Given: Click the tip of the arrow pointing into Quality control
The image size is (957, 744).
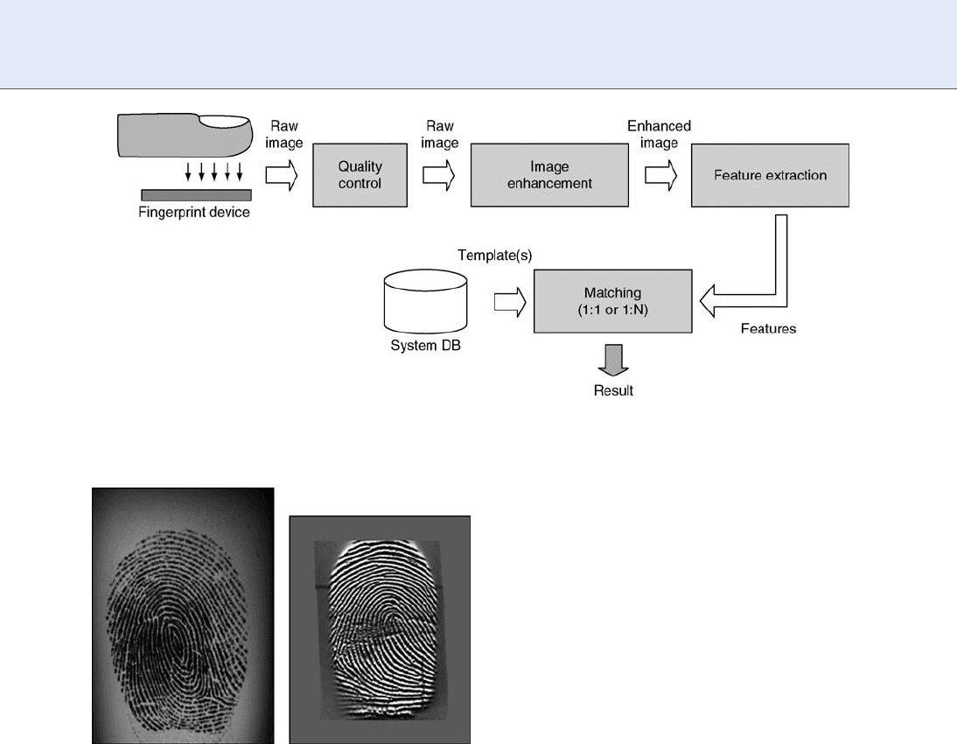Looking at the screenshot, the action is point(297,175).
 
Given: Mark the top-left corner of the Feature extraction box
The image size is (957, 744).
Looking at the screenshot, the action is point(691,144).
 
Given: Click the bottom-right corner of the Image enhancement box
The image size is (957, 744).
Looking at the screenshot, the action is point(628,207).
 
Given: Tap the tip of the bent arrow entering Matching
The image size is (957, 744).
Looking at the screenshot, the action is point(700,300).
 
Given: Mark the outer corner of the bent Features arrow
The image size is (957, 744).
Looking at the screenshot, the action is point(787,306).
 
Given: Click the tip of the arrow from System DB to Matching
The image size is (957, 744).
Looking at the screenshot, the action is point(526,302).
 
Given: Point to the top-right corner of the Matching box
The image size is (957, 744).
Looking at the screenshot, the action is point(692,270).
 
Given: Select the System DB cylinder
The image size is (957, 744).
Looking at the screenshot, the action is point(425,301).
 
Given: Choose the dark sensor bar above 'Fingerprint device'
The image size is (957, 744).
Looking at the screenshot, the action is point(197,195).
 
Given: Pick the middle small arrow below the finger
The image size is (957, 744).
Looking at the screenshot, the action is point(214,172).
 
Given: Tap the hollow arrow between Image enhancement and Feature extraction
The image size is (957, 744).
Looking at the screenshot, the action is point(661,175).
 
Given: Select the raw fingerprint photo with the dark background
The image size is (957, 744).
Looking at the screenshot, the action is point(183,615).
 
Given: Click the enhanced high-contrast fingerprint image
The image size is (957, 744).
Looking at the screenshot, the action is point(380,629).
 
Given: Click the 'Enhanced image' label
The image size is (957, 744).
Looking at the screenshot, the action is point(660,135).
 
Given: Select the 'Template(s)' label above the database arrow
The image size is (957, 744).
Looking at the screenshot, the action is point(495,256).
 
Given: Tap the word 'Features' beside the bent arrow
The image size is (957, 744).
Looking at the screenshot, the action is point(768,328).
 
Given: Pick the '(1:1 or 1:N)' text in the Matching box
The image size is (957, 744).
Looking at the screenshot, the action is point(612,310).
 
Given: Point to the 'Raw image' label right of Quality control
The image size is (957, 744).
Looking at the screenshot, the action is point(439,135).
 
